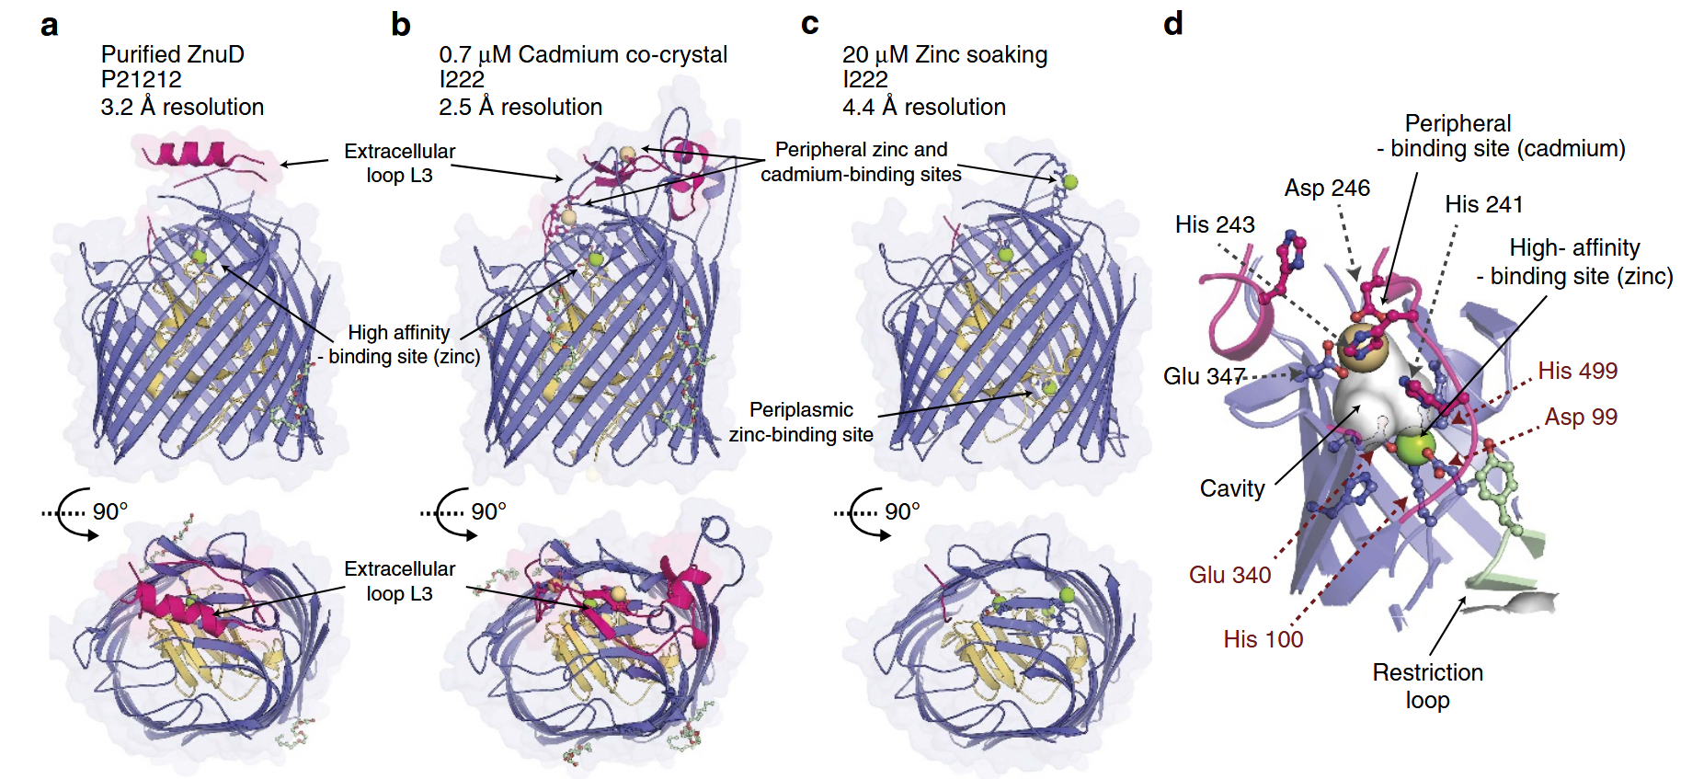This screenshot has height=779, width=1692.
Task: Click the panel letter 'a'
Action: (x=50, y=25)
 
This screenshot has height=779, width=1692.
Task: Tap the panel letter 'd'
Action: (x=1172, y=23)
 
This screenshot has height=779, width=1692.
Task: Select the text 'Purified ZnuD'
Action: (x=172, y=54)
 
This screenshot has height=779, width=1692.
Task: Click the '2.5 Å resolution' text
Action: (x=520, y=107)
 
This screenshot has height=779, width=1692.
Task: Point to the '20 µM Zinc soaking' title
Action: (x=944, y=54)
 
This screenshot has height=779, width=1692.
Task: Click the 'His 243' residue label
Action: (x=1214, y=224)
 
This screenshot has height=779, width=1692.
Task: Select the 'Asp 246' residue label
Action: (x=1326, y=189)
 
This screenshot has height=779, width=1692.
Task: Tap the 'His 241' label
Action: (x=1483, y=204)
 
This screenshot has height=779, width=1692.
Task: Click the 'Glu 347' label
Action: (x=1203, y=376)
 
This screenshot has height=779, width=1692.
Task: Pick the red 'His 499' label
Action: (x=1577, y=371)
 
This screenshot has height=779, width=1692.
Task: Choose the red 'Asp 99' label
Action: (x=1580, y=417)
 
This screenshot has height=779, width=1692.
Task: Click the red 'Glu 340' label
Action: (x=1229, y=575)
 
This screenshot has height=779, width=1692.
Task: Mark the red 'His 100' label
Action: (x=1263, y=639)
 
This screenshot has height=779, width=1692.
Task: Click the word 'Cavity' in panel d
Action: (x=1231, y=488)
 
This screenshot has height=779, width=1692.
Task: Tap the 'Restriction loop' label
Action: (x=1427, y=686)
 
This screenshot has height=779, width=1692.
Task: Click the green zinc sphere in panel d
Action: (x=1415, y=447)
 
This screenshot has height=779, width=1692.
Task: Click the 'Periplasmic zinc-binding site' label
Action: (x=801, y=422)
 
